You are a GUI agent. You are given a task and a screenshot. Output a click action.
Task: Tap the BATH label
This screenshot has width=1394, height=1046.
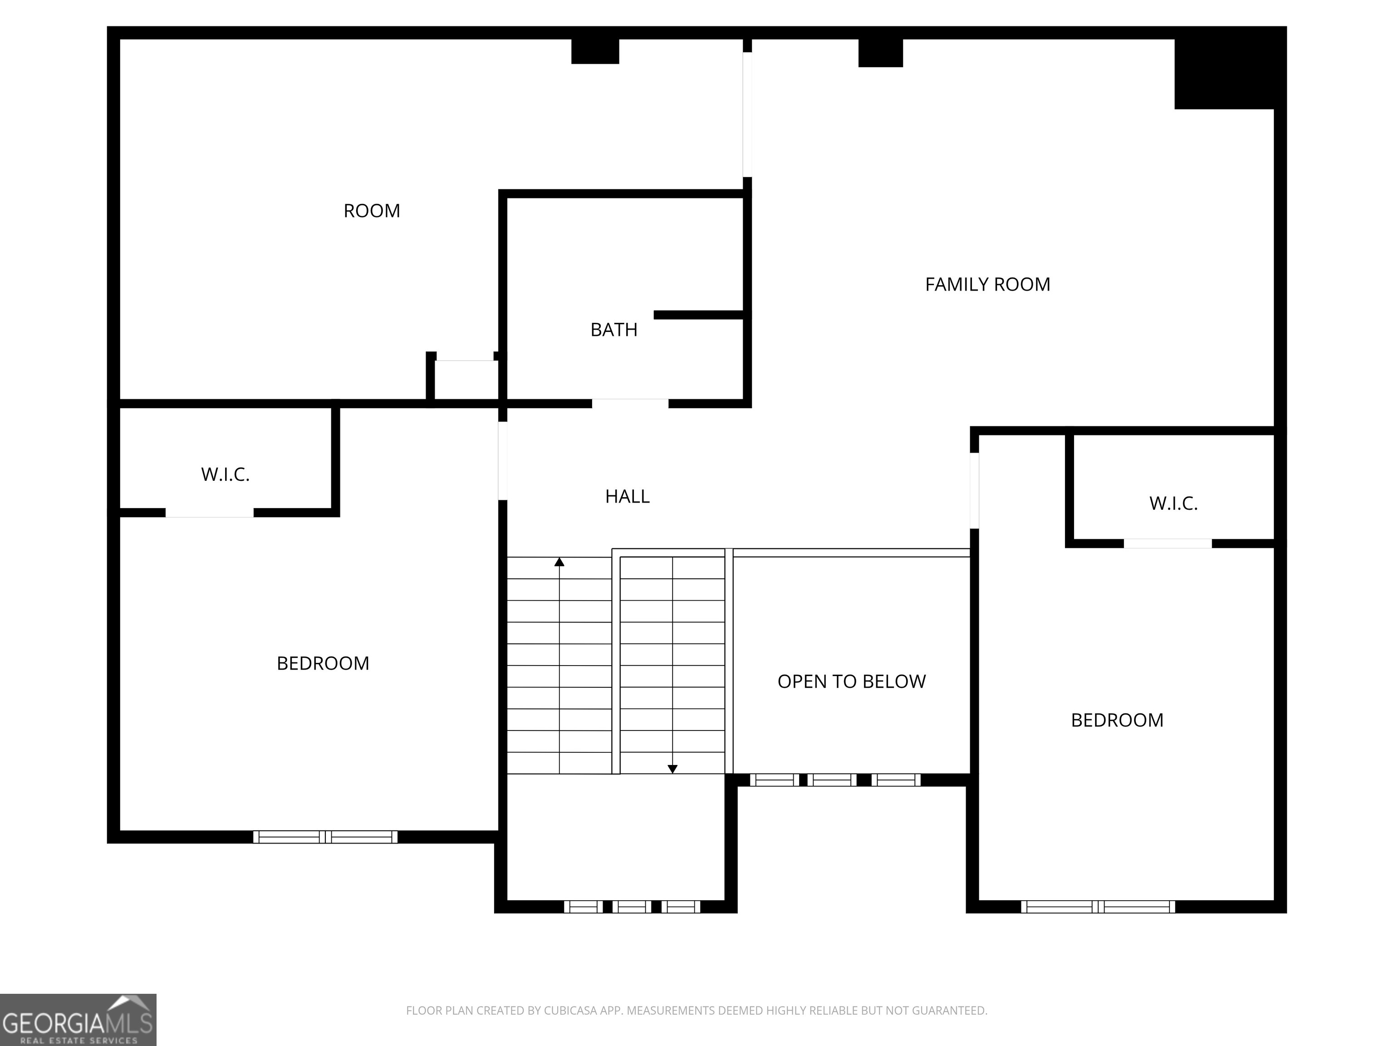pyautogui.click(x=614, y=330)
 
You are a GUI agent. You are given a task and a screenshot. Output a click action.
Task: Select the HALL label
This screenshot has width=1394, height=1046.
pyautogui.click(x=627, y=497)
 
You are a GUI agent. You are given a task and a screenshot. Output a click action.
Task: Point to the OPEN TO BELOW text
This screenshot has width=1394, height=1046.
pyautogui.click(x=851, y=681)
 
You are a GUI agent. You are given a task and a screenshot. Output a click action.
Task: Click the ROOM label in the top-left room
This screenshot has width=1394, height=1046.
pyautogui.click(x=372, y=211)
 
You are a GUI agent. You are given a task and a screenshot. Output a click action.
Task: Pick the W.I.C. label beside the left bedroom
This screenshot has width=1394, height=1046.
pyautogui.click(x=225, y=475)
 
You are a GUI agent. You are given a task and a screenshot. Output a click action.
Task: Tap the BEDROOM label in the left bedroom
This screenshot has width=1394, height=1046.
pyautogui.click(x=323, y=663)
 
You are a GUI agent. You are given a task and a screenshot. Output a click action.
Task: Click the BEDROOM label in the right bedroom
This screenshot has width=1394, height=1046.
pyautogui.click(x=1117, y=720)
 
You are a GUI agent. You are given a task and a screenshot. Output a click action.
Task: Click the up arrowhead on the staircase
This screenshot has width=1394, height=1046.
pyautogui.click(x=559, y=562)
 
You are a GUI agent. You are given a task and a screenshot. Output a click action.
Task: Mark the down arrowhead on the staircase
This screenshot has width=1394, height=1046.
pyautogui.click(x=672, y=769)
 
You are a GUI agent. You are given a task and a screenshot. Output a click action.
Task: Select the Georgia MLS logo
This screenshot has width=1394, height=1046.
pyautogui.click(x=78, y=1020)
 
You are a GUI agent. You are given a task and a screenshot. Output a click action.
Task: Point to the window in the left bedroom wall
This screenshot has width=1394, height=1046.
pyautogui.click(x=325, y=837)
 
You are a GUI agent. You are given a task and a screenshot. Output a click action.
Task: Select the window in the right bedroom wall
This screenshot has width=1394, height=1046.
pyautogui.click(x=1098, y=907)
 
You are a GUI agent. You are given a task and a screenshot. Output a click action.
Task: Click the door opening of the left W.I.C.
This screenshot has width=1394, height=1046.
pyautogui.click(x=209, y=513)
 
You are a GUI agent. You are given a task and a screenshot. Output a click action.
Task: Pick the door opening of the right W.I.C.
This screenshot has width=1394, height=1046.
pyautogui.click(x=1167, y=543)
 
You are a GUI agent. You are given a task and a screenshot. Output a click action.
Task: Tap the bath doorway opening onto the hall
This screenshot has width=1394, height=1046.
pyautogui.click(x=629, y=404)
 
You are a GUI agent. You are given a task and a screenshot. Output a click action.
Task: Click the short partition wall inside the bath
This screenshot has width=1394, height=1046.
pyautogui.click(x=700, y=315)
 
